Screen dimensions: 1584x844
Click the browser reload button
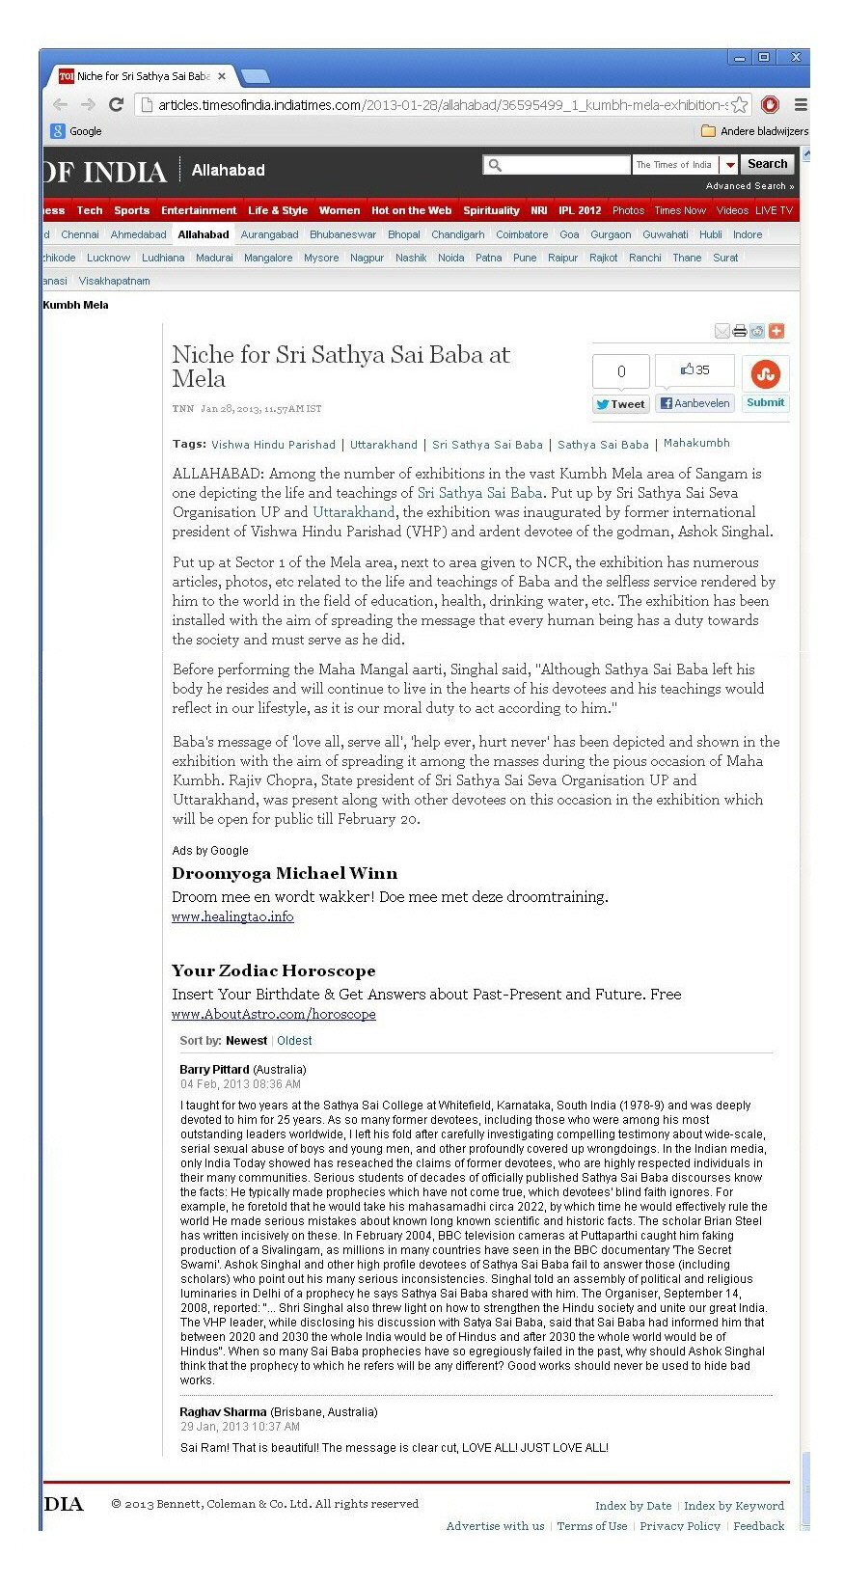116,104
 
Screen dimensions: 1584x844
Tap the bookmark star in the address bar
740,104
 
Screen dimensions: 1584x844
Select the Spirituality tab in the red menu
491,210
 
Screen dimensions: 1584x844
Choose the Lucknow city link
108,258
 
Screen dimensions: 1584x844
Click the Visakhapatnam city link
114,281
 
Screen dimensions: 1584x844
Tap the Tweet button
620,404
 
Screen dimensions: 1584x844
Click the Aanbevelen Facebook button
694,403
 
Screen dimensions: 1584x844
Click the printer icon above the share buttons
739,331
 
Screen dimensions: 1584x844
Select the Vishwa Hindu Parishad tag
273,445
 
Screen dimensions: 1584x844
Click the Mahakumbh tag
696,444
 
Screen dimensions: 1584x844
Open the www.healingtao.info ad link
232,916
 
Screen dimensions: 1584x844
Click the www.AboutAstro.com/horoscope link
273,1014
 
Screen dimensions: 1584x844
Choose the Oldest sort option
294,1041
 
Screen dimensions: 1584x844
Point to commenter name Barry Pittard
214,1070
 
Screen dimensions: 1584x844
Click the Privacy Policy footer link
679,1525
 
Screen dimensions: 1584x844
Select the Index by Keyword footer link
733,1505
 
